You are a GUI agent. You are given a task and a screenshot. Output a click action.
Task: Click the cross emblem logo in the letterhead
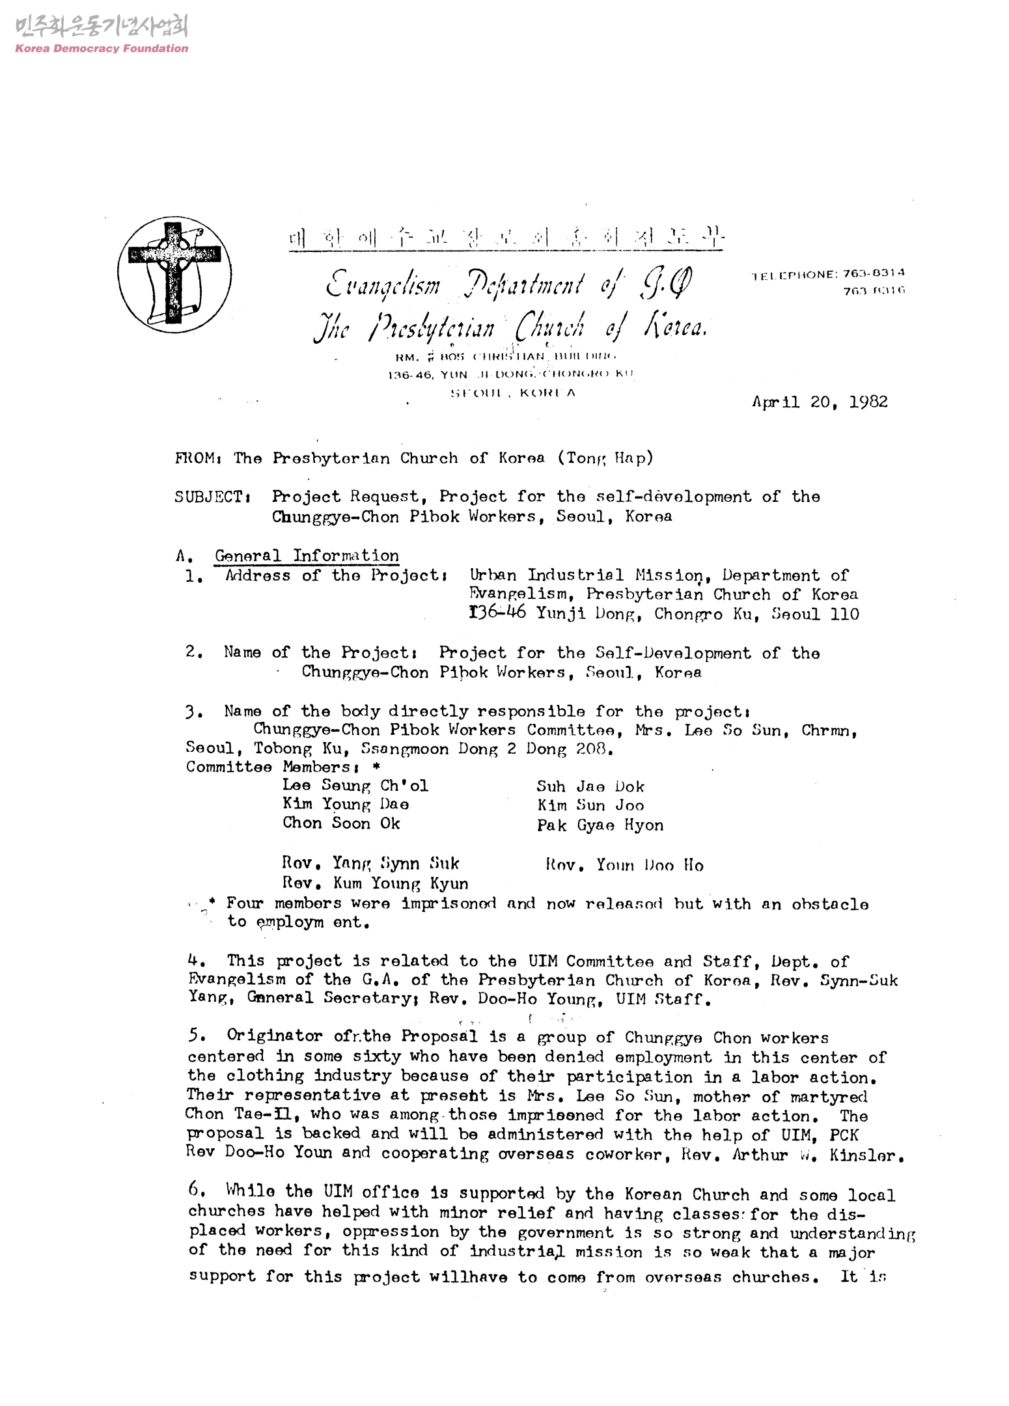click(x=174, y=275)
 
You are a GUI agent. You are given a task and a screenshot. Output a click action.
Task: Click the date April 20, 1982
click(x=820, y=402)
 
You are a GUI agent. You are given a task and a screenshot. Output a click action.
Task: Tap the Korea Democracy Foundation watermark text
click(x=102, y=48)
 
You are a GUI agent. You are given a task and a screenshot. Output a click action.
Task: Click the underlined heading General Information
click(x=307, y=556)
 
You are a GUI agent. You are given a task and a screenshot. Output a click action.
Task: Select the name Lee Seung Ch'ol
click(x=355, y=786)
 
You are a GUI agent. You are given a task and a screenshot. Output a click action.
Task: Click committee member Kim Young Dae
click(x=346, y=805)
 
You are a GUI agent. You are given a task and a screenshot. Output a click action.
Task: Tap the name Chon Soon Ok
click(x=341, y=823)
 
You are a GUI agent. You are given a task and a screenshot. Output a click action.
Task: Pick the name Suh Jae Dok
click(x=590, y=786)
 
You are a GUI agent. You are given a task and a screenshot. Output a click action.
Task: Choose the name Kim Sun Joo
click(x=590, y=806)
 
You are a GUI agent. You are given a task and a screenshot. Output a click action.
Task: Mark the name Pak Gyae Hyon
click(x=600, y=825)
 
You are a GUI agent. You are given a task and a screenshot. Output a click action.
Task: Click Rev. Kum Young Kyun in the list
click(x=375, y=883)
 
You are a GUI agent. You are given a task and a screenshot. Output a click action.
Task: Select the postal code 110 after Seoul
click(x=844, y=614)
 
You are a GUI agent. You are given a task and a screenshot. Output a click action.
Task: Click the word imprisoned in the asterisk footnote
click(x=449, y=903)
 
